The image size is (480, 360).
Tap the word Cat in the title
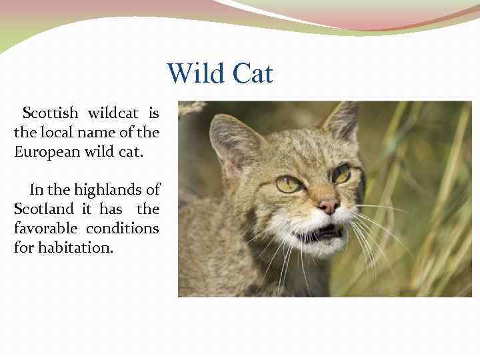[x=253, y=73]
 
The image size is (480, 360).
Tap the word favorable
[x=44, y=229]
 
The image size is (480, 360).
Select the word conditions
[x=121, y=229]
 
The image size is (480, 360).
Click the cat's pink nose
[x=327, y=206]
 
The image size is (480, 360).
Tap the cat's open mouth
[x=323, y=233]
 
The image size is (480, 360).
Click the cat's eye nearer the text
[x=288, y=184]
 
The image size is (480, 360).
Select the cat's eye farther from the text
[x=342, y=174]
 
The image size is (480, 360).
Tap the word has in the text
[x=111, y=209]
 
